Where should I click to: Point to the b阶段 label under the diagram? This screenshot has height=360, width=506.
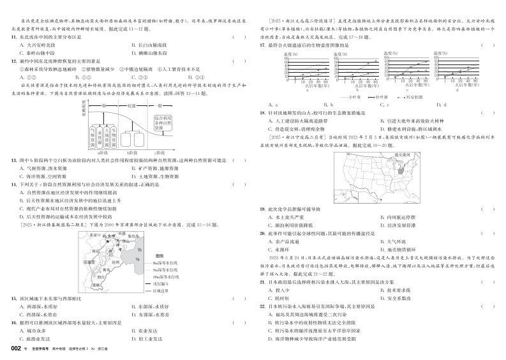pyautogui.click(x=133, y=153)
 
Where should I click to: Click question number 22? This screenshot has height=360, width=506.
pyautogui.click(x=263, y=306)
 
